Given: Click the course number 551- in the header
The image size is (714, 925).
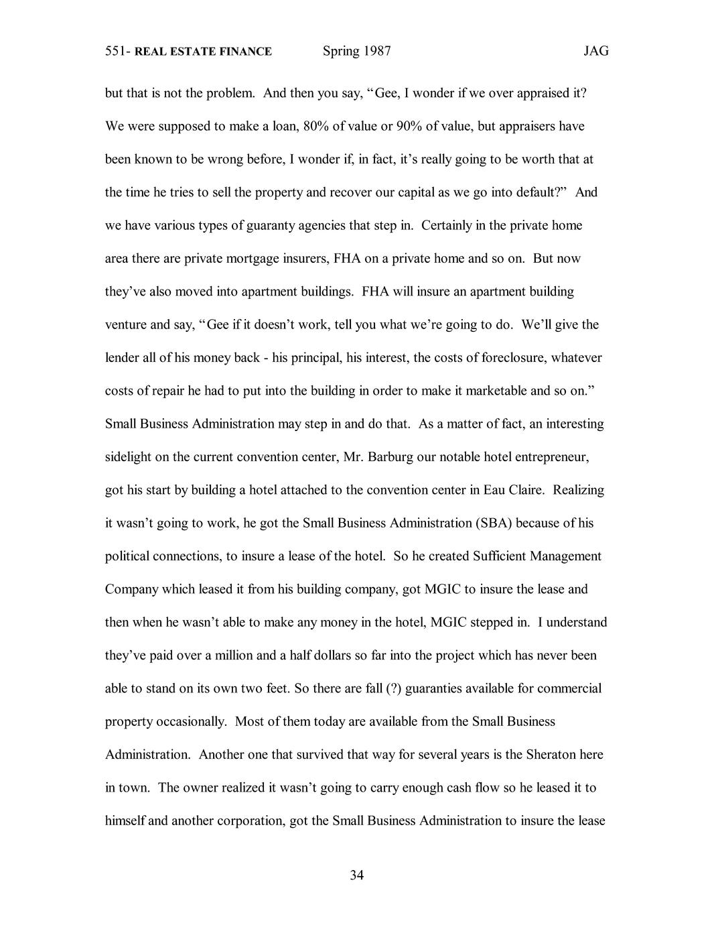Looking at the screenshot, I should pyautogui.click(x=118, y=52).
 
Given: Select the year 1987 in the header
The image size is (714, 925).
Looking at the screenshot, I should pyautogui.click(x=377, y=52).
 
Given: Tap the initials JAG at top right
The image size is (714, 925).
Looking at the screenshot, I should pyautogui.click(x=595, y=52).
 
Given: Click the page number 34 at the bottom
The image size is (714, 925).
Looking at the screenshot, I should pyautogui.click(x=357, y=875).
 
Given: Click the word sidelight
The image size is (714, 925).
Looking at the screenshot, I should pyautogui.click(x=129, y=457).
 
